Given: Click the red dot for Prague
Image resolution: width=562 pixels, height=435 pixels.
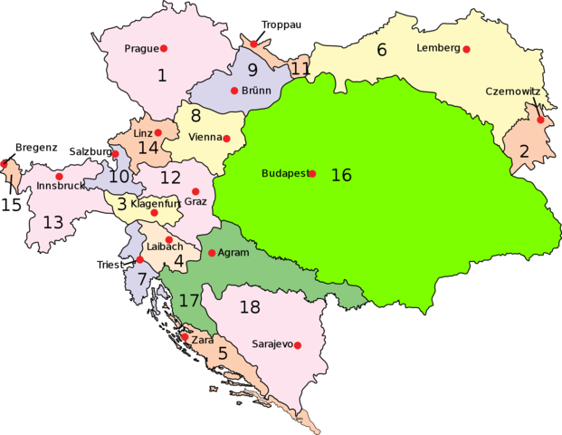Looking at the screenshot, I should (x=164, y=48).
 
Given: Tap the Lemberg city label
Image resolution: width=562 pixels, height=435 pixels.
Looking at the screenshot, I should (x=438, y=48).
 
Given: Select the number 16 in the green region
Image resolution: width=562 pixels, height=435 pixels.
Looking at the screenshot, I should (x=340, y=175).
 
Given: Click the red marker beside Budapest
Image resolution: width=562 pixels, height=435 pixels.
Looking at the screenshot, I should (x=312, y=173).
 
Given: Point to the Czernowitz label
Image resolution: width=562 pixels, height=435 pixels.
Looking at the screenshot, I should (x=512, y=92).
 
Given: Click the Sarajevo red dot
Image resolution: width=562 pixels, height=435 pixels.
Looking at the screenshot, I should (x=297, y=345).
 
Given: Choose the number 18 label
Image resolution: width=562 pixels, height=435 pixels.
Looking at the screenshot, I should (x=250, y=307).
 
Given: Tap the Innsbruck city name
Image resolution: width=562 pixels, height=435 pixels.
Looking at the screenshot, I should (x=61, y=187).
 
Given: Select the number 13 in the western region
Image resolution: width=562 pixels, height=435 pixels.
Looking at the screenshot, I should (x=52, y=222).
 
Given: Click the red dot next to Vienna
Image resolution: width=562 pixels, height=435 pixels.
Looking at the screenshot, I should (x=227, y=139).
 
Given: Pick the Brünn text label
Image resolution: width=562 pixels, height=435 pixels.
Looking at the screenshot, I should (x=257, y=91).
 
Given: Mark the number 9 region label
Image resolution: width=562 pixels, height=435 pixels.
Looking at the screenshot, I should (x=252, y=70).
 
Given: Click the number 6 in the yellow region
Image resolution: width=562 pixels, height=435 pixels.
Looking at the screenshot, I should (x=381, y=50).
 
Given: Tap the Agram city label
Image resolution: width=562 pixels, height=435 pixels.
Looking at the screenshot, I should (x=233, y=253).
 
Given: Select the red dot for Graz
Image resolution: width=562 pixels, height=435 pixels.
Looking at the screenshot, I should (x=195, y=191).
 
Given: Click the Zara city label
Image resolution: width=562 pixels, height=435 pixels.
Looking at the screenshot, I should (x=202, y=339).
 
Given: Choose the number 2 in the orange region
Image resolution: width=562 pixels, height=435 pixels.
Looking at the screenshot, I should (x=523, y=151).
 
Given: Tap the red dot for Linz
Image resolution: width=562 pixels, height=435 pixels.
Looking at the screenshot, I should (x=157, y=132).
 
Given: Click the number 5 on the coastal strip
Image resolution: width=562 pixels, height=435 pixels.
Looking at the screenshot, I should (x=223, y=354).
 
